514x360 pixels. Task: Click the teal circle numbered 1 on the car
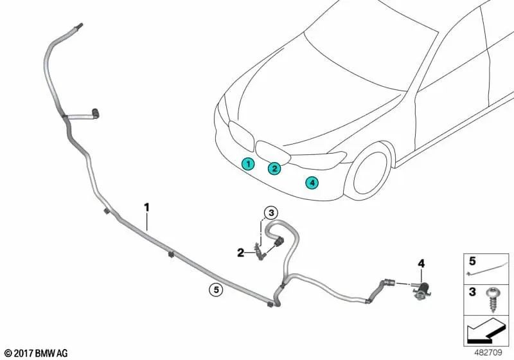(247, 164)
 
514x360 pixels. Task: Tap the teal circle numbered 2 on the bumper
(274, 168)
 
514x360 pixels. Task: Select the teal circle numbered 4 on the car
(312, 183)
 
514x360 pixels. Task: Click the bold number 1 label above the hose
(146, 207)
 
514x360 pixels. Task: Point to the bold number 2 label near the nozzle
(240, 253)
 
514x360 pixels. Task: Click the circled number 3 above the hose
(271, 213)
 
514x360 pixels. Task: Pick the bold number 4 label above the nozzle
(421, 263)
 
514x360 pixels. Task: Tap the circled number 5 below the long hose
(217, 290)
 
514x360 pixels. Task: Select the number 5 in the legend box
(472, 261)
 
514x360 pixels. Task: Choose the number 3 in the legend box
(472, 292)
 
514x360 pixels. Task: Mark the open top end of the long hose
(80, 26)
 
